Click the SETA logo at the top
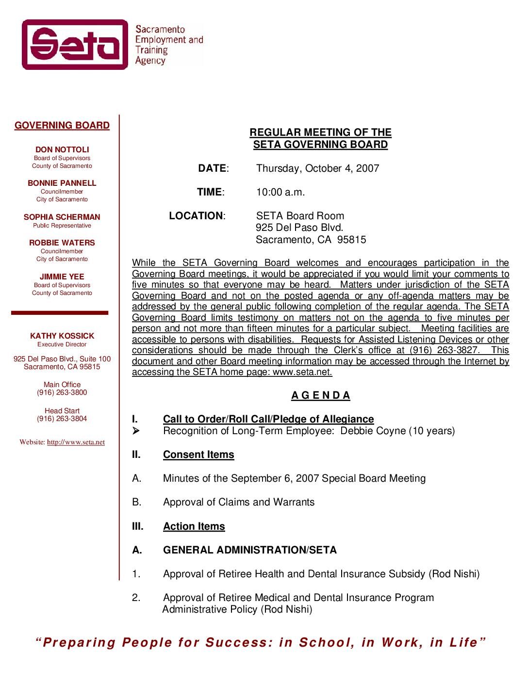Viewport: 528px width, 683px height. coord(75,45)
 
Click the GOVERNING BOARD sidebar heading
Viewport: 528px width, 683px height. coord(62,126)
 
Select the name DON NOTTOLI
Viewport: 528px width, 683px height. coord(62,149)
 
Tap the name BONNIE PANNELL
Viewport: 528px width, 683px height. coord(62,183)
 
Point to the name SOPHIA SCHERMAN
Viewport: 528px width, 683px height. coord(62,217)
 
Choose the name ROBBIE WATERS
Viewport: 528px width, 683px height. coord(62,243)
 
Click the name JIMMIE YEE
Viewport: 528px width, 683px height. coord(62,277)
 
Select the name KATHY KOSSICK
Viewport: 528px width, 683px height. coord(62,336)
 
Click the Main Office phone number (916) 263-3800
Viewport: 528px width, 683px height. coord(62,392)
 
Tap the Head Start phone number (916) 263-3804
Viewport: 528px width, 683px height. coord(62,419)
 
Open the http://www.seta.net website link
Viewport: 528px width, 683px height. coord(76,442)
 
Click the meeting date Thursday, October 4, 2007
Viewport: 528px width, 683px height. coord(317,168)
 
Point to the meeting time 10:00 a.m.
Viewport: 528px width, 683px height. coord(280,192)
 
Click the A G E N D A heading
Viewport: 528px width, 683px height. coord(321,395)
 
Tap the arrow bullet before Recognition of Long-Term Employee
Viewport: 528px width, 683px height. coord(136,431)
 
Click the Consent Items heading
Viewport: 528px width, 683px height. coord(198,455)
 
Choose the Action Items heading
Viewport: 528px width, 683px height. coord(194,526)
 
